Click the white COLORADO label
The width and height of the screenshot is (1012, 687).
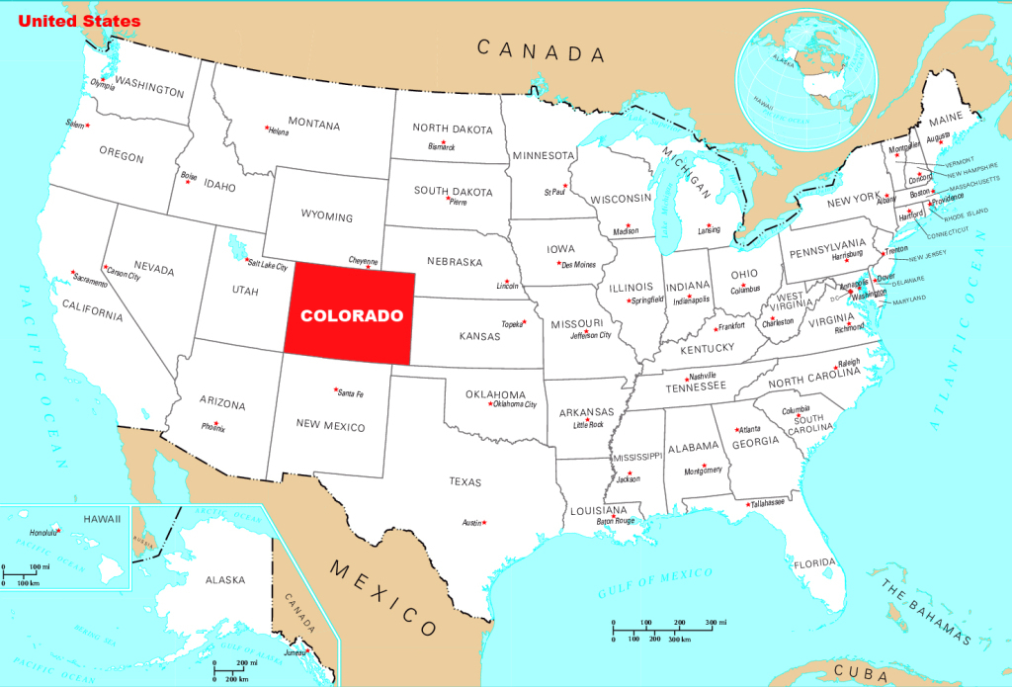point(352,316)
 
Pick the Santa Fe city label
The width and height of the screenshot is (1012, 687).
point(351,394)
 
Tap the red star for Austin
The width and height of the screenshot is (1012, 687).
point(484,522)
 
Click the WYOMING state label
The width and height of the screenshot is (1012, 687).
point(326,215)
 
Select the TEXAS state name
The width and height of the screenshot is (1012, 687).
point(464,482)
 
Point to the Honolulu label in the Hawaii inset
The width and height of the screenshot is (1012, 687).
point(39,531)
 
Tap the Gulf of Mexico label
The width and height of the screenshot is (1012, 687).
point(654,584)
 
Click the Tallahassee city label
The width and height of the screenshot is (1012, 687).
point(768,503)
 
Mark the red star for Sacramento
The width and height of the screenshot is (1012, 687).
point(72,273)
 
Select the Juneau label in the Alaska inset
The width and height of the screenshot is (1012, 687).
point(293,651)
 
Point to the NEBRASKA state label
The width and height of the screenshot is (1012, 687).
point(454,262)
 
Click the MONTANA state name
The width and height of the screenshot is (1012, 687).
point(314,126)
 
